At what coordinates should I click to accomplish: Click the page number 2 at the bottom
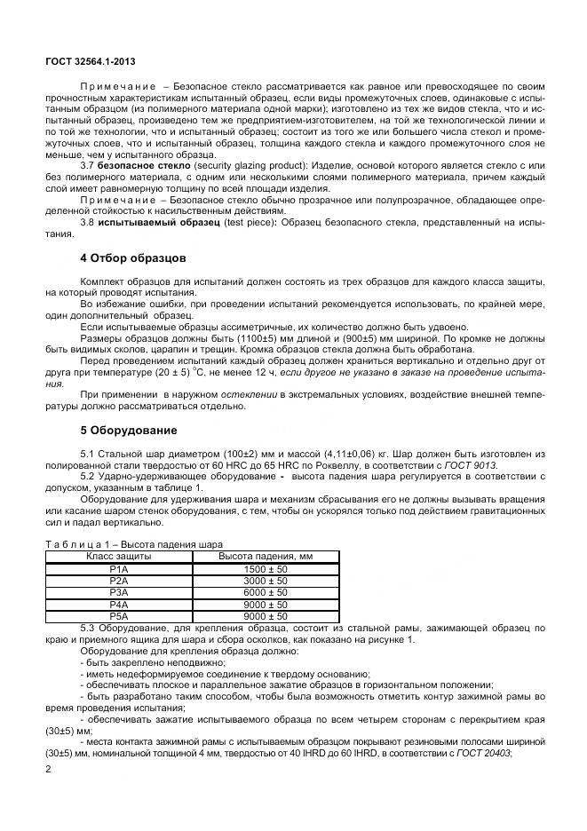[48, 769]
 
